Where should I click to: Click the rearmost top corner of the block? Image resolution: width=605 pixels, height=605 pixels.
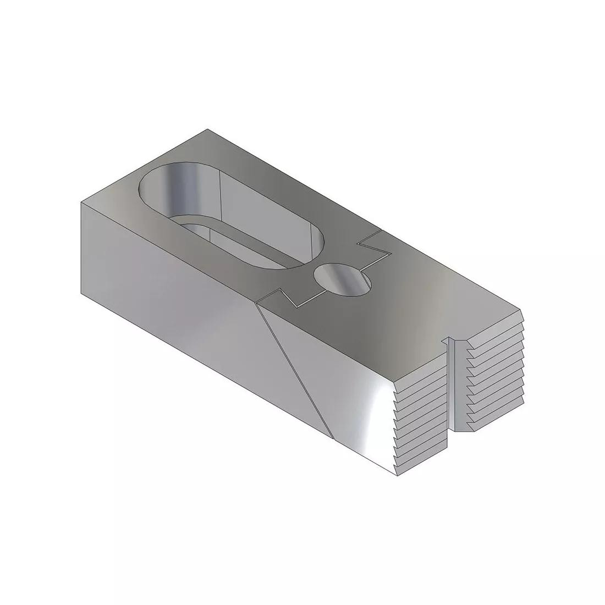tap(207, 130)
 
